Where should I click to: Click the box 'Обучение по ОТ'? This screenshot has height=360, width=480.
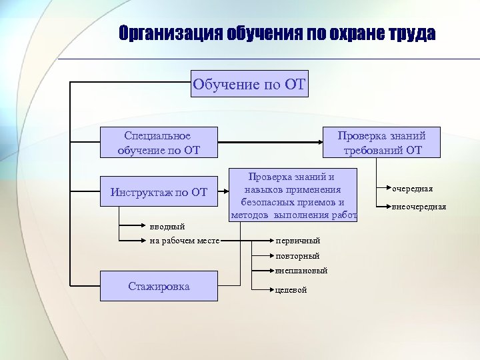249,84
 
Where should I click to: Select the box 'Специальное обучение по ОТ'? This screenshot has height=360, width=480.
159,143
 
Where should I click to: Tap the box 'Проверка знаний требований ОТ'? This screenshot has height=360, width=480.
381,143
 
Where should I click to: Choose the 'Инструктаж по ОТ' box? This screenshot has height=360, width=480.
159,193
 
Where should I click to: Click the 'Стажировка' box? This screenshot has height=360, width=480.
159,287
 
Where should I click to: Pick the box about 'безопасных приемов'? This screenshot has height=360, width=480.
294,195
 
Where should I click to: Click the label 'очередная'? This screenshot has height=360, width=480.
413,189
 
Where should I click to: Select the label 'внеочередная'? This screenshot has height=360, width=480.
419,207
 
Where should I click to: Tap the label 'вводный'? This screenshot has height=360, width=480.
167,227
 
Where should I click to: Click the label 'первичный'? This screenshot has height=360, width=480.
298,240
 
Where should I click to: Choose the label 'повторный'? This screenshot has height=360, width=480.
297,256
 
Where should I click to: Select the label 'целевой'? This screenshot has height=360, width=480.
291,290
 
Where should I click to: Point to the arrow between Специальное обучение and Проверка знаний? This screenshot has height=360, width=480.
271,142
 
